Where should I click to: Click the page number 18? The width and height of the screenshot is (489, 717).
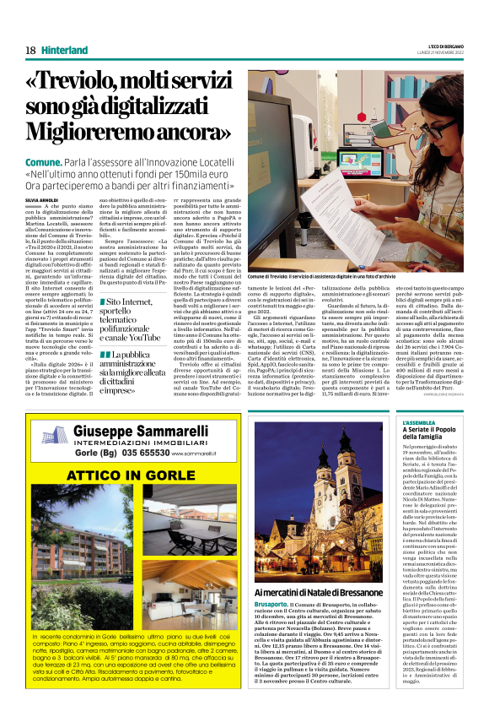pyautogui.click(x=30, y=50)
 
